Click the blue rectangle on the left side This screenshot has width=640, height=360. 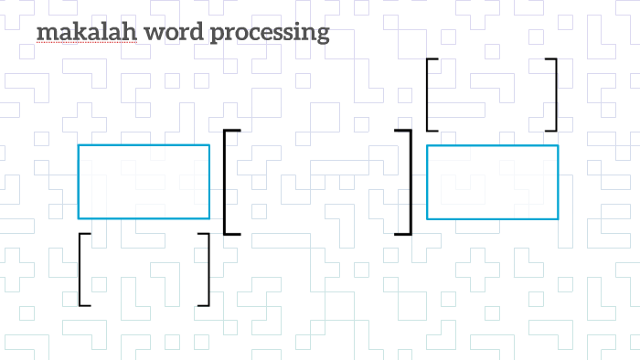coord(144,182)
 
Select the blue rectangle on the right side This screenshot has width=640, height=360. coord(492,182)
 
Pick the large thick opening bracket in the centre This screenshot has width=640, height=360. coord(227,183)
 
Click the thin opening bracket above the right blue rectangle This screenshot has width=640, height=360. coord(429,95)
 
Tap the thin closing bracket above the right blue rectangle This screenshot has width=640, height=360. coord(554,95)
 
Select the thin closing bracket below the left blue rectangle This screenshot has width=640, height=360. coord(207,270)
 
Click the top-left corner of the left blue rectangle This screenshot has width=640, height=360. coord(79,145)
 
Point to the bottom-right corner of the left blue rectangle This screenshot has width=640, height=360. coord(209,218)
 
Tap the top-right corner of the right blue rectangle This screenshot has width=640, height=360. coord(558,145)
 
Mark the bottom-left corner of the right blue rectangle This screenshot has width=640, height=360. coord(427,219)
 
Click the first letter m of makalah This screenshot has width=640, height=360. coord(44,35)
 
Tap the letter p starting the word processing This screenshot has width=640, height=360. coord(215,36)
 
